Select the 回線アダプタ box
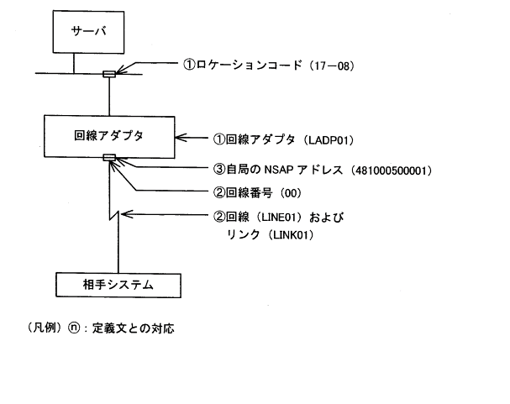pyautogui.click(x=109, y=135)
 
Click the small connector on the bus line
pyautogui.click(x=109, y=75)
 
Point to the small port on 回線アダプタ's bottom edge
pyautogui.click(x=109, y=157)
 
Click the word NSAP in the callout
pyautogui.click(x=277, y=171)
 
